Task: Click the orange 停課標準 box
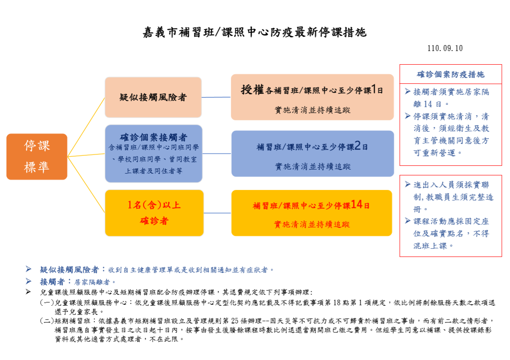[x=37, y=156]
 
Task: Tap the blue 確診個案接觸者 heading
[x=153, y=137]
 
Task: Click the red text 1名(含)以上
[x=154, y=205]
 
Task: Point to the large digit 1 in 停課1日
[x=374, y=90]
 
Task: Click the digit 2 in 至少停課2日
[x=357, y=146]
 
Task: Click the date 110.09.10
[x=445, y=48]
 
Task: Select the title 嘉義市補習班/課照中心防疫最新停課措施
[x=255, y=32]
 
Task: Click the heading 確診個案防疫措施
[x=450, y=74]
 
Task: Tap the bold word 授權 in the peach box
[x=252, y=90]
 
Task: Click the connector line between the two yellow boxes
[x=217, y=213]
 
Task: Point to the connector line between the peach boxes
[x=216, y=97]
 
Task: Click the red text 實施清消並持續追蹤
[x=312, y=224]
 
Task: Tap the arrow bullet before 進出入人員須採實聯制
[x=407, y=185]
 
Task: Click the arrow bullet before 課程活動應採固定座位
[x=407, y=221]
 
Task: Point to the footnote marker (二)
[x=47, y=321]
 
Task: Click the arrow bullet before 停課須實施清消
[x=407, y=116]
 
